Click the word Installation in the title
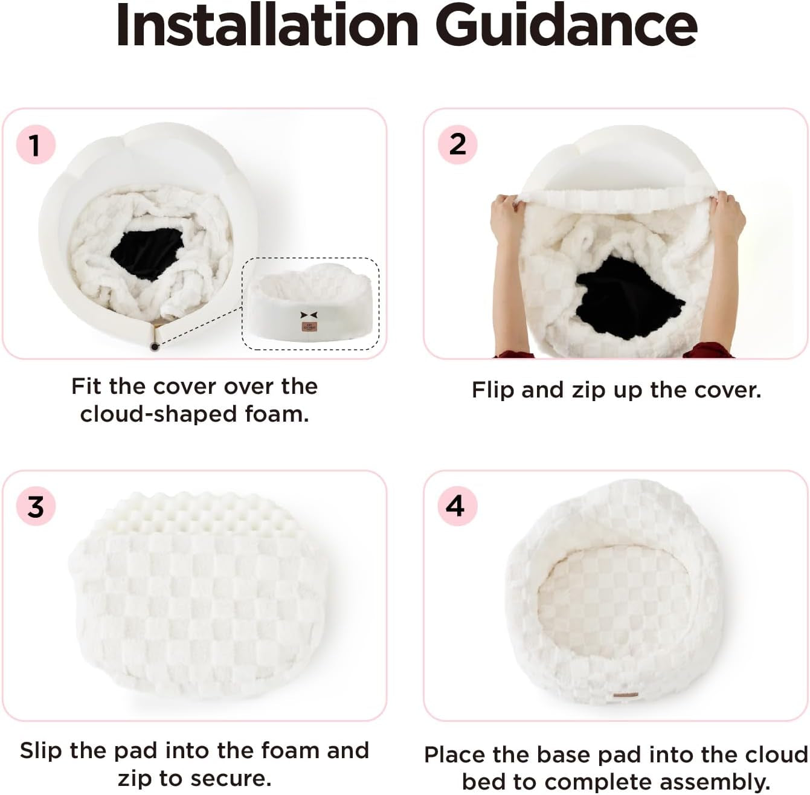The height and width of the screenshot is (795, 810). (x=268, y=25)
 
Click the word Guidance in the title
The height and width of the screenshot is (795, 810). (x=570, y=25)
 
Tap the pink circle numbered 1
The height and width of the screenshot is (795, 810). (x=36, y=144)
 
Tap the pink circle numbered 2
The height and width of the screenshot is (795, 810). (x=457, y=144)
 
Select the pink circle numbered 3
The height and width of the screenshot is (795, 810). (x=36, y=506)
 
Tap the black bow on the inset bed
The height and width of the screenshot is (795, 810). (x=309, y=315)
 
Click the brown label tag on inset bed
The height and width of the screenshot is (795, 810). (x=309, y=327)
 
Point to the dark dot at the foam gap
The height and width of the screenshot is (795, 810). (x=155, y=347)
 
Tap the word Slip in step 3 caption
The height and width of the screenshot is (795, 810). (x=41, y=751)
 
